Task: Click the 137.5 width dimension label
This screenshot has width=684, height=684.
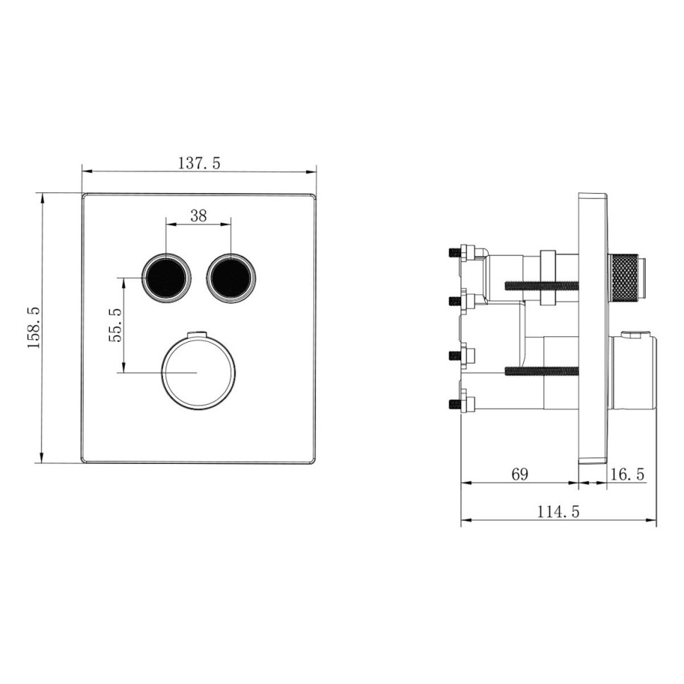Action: click(x=198, y=163)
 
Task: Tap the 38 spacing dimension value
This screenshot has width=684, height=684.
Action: click(x=198, y=216)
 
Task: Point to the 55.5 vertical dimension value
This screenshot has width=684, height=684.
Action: click(x=115, y=324)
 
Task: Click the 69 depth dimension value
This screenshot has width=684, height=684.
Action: click(x=519, y=474)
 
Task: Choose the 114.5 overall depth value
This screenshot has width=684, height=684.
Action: click(x=558, y=512)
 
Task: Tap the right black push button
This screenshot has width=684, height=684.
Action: click(x=231, y=277)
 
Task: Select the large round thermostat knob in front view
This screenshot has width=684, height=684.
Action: click(x=195, y=371)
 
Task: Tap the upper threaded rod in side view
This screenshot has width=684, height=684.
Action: click(x=541, y=286)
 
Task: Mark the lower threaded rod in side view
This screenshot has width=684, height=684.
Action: click(x=541, y=370)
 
